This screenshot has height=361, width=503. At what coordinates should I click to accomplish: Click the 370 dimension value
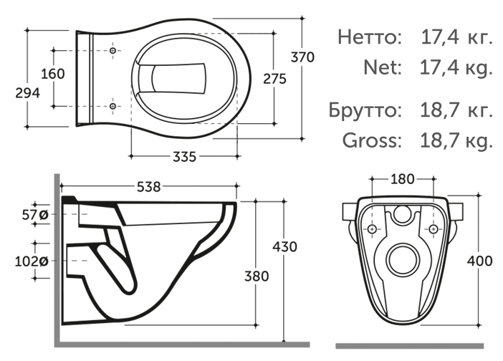[x=302, y=59]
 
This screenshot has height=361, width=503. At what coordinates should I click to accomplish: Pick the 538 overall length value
[x=149, y=186]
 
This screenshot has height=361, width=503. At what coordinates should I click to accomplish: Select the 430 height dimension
[x=285, y=247]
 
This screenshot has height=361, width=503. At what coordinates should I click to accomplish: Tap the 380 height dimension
[x=256, y=275]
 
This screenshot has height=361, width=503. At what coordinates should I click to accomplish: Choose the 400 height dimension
[x=480, y=261]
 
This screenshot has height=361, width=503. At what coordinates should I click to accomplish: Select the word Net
[x=380, y=68]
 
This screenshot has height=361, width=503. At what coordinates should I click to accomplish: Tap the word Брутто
[x=363, y=110]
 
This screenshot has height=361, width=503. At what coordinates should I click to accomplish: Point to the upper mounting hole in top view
[x=113, y=52]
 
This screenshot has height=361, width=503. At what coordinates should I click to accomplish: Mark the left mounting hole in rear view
[x=372, y=228]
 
